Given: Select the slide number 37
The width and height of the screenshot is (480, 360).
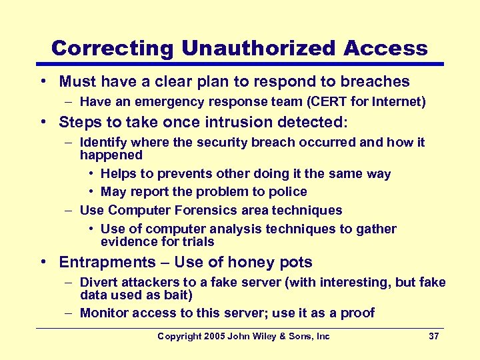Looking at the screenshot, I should pos(433,336).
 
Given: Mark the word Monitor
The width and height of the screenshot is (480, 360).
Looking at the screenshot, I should pos(103,313).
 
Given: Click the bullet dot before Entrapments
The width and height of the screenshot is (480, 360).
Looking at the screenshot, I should pos(43,262).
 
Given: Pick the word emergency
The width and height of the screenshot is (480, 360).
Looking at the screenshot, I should pos(153,102).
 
